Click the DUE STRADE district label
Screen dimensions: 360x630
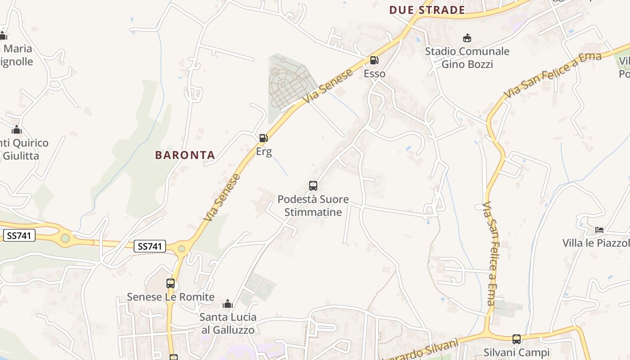click(427, 10)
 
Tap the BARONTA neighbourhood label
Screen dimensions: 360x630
click(185, 155)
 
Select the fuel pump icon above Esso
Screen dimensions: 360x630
click(374, 60)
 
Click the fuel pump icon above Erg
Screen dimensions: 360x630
click(264, 138)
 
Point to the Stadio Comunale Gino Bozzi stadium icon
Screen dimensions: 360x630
click(467, 38)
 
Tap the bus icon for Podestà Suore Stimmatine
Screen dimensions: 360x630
click(313, 185)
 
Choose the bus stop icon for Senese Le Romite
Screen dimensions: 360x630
click(171, 283)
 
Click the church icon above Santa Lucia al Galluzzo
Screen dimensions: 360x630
click(228, 304)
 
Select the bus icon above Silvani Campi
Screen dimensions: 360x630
click(517, 339)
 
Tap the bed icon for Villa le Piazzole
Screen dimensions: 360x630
click(599, 230)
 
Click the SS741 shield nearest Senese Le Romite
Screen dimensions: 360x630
click(150, 246)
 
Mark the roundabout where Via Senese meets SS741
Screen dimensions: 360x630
click(181, 248)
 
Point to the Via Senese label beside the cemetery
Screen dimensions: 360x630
click(328, 85)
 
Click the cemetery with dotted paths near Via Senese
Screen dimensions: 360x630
click(288, 81)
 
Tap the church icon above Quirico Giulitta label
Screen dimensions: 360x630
click(17, 130)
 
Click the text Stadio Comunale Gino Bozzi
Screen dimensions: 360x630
click(467, 58)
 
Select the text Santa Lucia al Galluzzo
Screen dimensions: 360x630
click(228, 324)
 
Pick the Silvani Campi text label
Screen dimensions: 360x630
click(517, 352)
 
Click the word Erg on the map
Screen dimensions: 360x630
click(264, 152)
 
